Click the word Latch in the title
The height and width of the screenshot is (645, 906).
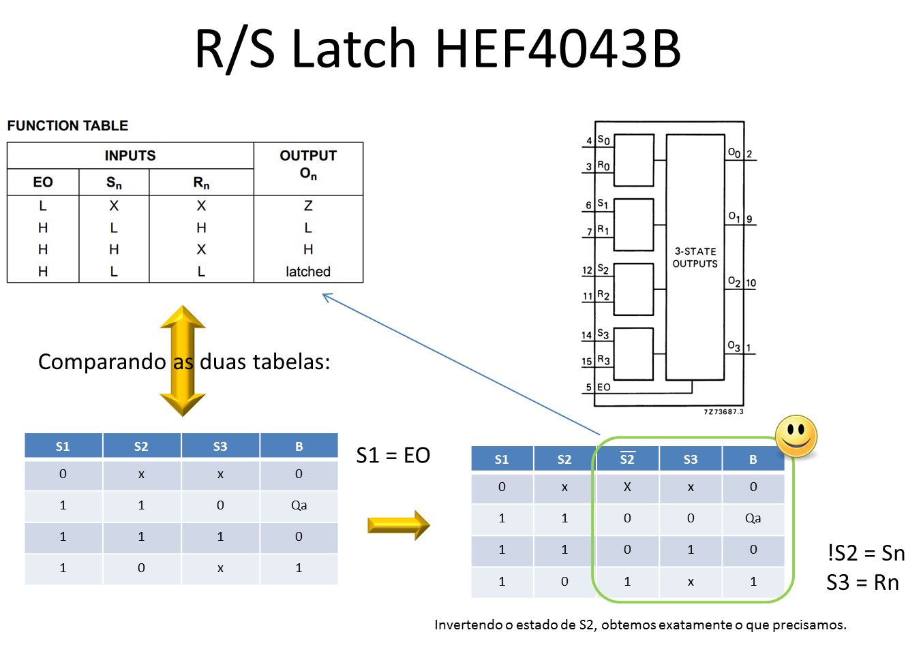(x=353, y=49)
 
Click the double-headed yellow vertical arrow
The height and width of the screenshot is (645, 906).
(x=182, y=360)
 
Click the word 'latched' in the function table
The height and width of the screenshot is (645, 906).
(x=308, y=272)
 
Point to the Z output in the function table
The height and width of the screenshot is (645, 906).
(x=308, y=206)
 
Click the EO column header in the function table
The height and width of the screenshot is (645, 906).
(x=43, y=183)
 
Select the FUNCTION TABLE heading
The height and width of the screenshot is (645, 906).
(x=67, y=126)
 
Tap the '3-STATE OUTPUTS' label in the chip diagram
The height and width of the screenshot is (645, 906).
(x=695, y=257)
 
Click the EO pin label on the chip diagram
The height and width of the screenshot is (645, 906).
(x=603, y=388)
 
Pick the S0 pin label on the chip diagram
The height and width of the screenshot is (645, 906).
(x=603, y=140)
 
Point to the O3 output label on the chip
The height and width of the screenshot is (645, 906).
(x=734, y=346)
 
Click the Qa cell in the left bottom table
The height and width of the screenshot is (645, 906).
(x=299, y=505)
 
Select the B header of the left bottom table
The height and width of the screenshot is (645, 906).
(x=299, y=447)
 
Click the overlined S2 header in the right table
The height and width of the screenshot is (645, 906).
(x=627, y=459)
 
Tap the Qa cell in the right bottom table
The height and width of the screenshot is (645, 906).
(x=753, y=518)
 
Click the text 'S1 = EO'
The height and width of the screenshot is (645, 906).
(x=393, y=455)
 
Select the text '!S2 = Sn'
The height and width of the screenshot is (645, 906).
(x=865, y=553)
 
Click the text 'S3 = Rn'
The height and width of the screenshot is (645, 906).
(x=862, y=583)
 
